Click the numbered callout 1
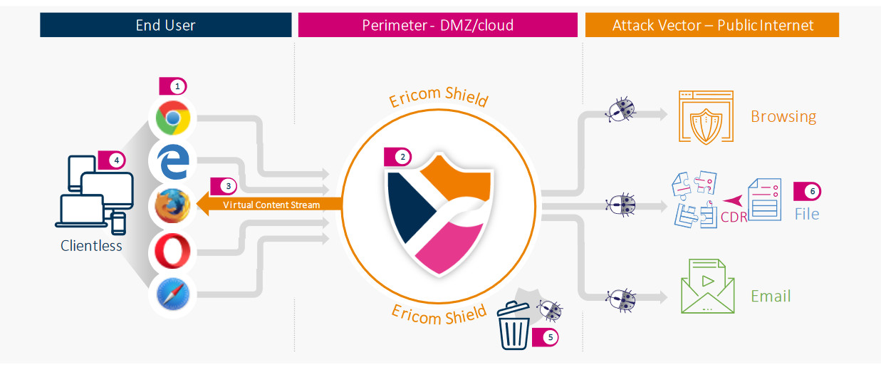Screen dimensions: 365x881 [x=177, y=86]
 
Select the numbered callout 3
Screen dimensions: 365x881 [x=227, y=185]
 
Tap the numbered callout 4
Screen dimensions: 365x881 [x=115, y=160]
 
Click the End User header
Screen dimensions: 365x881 [x=166, y=26]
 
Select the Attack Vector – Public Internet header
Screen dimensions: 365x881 [x=712, y=26]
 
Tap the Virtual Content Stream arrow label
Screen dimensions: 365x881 [x=271, y=205]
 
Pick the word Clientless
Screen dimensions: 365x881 [x=92, y=246]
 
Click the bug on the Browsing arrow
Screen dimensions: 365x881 [x=620, y=110]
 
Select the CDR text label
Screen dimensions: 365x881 [x=734, y=216]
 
